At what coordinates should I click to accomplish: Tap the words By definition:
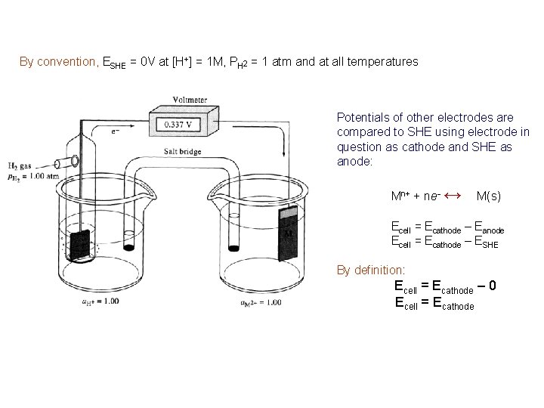(x=371, y=270)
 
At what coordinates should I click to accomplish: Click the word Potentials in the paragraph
(x=360, y=117)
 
